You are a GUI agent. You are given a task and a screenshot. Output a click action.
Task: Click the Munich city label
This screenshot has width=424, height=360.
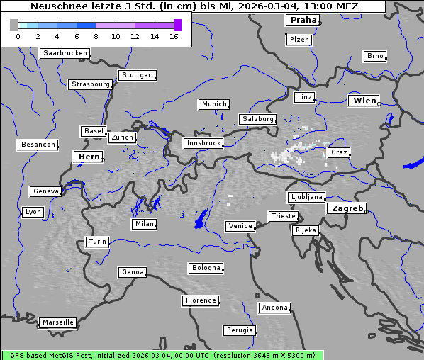point(213,104)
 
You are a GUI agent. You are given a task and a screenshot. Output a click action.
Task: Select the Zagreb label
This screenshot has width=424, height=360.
point(346,208)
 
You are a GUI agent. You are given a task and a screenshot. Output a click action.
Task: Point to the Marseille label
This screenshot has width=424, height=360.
point(57,322)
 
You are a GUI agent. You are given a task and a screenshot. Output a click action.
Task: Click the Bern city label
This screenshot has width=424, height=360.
point(89,156)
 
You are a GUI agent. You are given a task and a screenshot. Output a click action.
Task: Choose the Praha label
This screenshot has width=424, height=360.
point(303,20)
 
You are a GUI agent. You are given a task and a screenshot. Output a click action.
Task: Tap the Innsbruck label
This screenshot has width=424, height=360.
point(203,143)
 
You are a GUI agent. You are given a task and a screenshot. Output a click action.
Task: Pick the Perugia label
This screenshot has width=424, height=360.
point(239,330)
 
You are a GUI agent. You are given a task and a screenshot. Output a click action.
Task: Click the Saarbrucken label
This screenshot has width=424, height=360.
point(65,53)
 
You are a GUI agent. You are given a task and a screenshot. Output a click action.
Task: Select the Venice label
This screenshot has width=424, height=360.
point(240,226)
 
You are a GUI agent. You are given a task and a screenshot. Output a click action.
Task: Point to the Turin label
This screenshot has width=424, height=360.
point(97,242)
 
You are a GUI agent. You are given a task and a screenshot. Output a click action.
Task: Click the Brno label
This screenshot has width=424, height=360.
point(374,56)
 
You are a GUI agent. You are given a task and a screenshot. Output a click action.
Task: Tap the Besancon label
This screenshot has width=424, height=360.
point(38,145)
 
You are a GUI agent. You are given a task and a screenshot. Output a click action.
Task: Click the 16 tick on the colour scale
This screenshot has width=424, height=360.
point(174,36)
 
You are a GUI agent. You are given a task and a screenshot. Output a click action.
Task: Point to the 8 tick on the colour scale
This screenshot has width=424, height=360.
point(96,36)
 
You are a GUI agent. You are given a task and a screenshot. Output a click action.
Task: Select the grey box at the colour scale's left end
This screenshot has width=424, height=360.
point(14,25)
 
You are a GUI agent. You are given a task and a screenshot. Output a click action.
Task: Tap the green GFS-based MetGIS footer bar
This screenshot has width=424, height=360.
point(162,355)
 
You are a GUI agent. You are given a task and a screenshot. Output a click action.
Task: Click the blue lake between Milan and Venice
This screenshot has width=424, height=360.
point(201,219)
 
